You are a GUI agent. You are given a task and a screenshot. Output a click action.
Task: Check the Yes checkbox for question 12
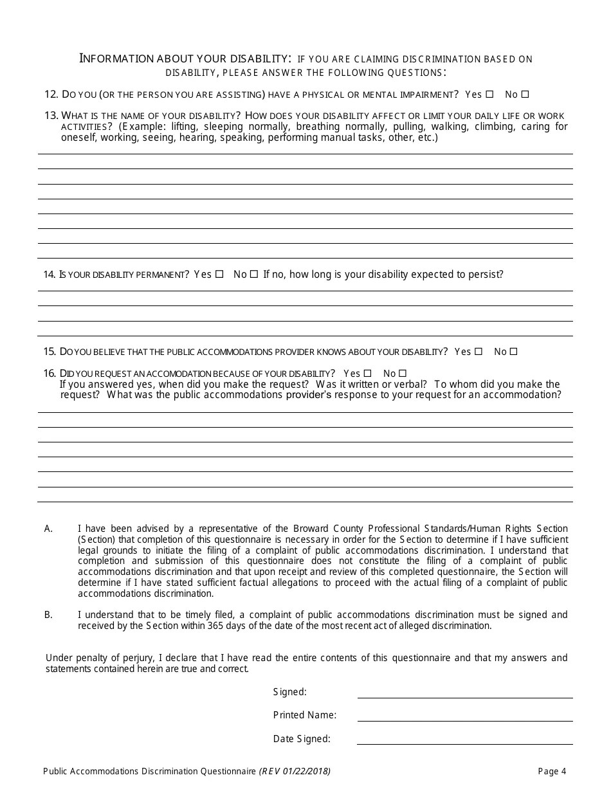click(x=490, y=95)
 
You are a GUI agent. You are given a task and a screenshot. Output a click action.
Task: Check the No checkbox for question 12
click(x=525, y=95)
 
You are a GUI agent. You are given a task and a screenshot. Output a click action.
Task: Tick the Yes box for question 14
click(x=220, y=274)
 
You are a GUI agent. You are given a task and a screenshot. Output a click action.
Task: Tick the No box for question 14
click(x=254, y=274)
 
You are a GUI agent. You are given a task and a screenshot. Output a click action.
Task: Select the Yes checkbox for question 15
click(x=479, y=352)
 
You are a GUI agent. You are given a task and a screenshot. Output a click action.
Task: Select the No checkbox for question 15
click(x=513, y=352)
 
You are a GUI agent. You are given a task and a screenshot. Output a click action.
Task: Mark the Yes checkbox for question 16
click(x=368, y=373)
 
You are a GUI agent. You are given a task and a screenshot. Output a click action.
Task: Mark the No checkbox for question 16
click(x=403, y=373)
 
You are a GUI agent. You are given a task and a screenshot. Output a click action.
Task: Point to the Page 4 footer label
click(x=552, y=772)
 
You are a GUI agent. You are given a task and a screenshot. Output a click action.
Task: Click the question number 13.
click(x=51, y=116)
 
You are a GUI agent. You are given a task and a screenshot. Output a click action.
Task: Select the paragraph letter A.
click(x=48, y=529)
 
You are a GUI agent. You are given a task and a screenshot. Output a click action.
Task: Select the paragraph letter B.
click(x=48, y=615)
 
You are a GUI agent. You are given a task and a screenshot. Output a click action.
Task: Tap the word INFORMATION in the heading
click(x=116, y=59)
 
